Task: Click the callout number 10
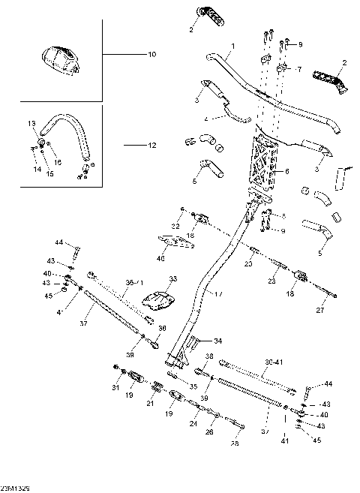click(x=151, y=55)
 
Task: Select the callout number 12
click(x=151, y=144)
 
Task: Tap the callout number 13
click(x=32, y=122)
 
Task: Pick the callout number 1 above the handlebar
click(x=232, y=47)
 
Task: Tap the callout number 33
click(x=172, y=278)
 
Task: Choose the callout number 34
click(x=218, y=340)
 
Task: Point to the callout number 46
click(x=160, y=258)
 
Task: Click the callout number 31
click(x=115, y=388)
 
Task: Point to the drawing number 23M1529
click(x=15, y=488)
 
